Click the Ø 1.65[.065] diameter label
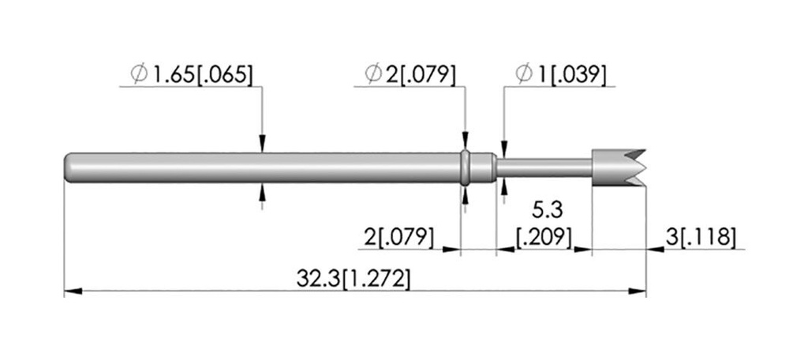pyautogui.click(x=193, y=74)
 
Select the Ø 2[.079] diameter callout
pyautogui.click(x=410, y=74)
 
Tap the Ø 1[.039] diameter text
pyautogui.click(x=560, y=74)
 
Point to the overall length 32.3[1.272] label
pyautogui.click(x=353, y=279)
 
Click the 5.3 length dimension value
pyautogui.click(x=547, y=210)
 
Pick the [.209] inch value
pyautogui.click(x=544, y=238)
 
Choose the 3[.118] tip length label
pyautogui.click(x=699, y=238)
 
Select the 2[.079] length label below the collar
pyautogui.click(x=398, y=238)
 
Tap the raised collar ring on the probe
pyautogui.click(x=465, y=167)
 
